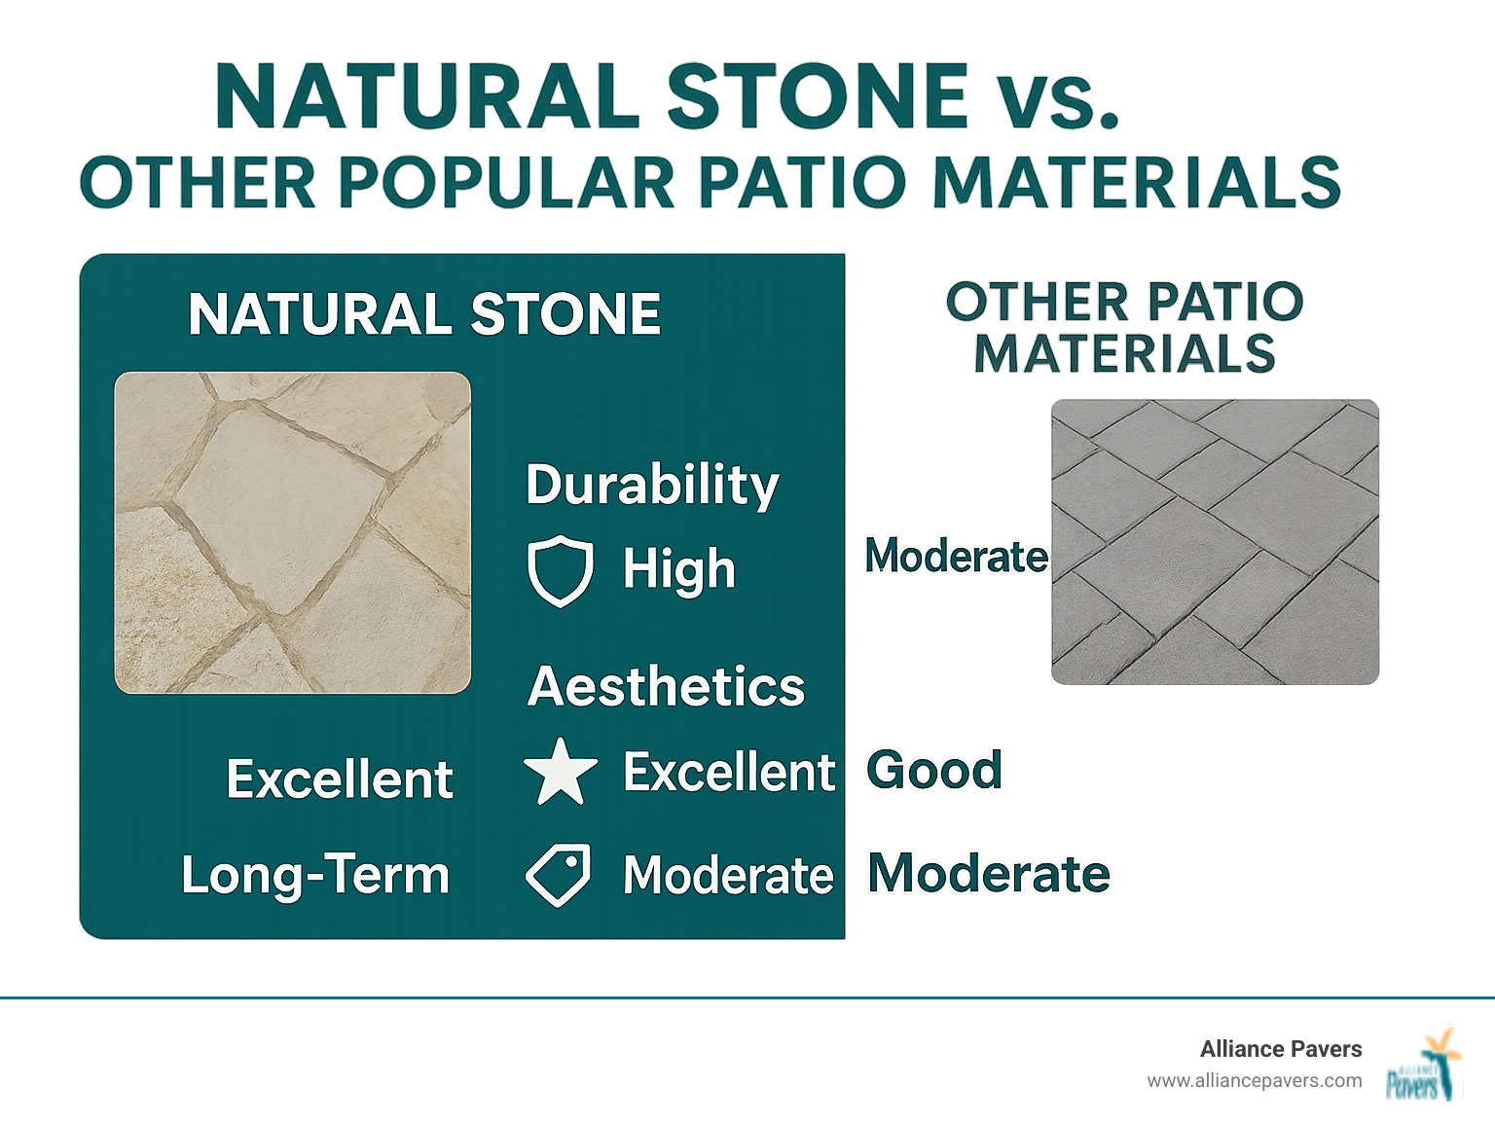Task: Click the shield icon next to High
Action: point(560,571)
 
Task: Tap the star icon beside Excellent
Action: point(560,772)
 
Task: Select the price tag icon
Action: point(558,875)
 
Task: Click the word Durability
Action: point(652,484)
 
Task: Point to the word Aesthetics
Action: point(666,686)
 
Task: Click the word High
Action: point(678,568)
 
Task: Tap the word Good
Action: point(934,770)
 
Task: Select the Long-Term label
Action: point(315,874)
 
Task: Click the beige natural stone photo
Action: point(292,532)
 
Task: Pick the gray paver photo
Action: point(1215,542)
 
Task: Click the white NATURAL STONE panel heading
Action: point(424,314)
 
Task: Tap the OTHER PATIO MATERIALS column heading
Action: point(1124,327)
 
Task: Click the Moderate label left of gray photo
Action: point(956,556)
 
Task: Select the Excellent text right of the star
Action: point(728,772)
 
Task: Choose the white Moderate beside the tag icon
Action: point(728,875)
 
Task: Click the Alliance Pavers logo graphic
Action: point(1424,1065)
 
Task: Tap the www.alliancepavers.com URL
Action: point(1254,1080)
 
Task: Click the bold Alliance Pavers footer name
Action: point(1280,1049)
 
